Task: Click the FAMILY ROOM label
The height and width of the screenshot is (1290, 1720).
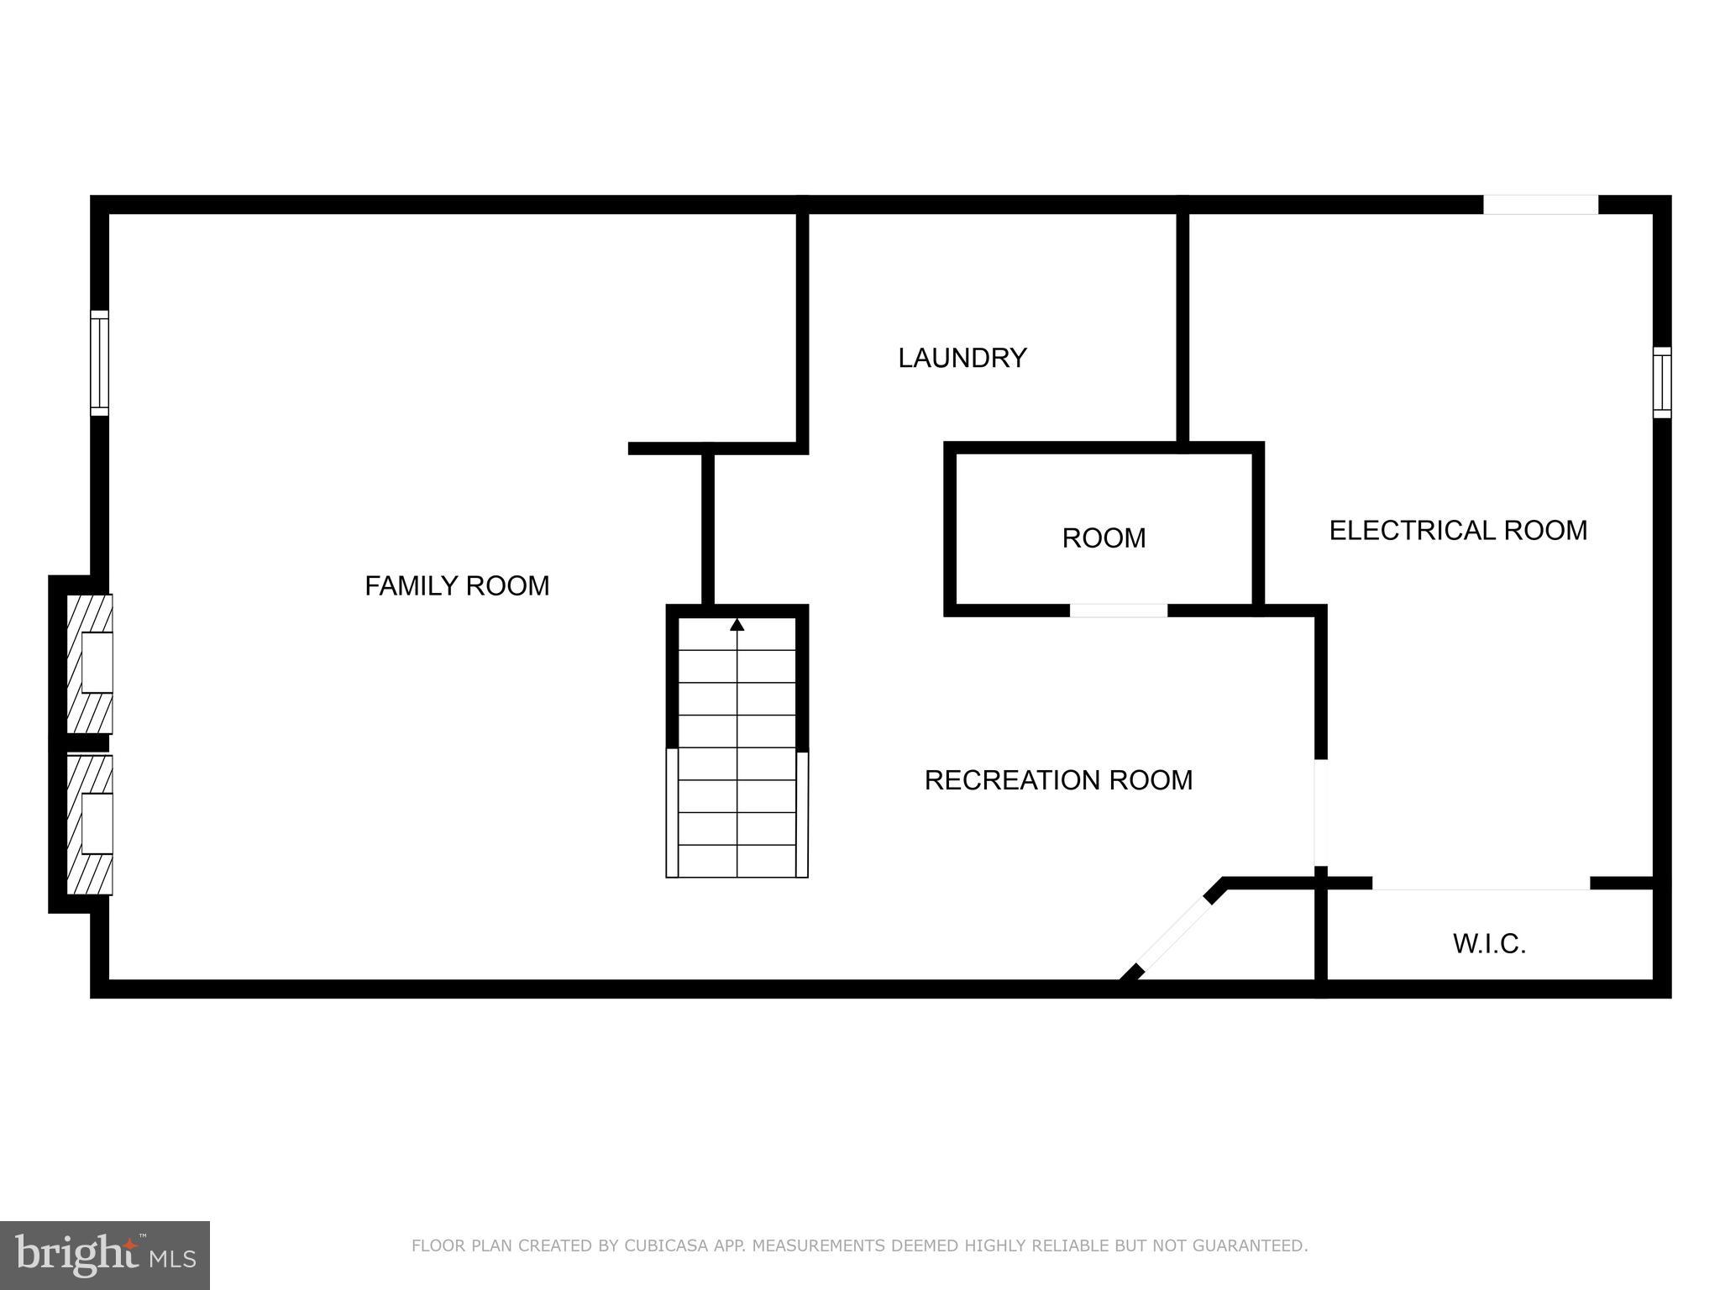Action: click(457, 585)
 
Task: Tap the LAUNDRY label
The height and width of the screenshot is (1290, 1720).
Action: click(962, 358)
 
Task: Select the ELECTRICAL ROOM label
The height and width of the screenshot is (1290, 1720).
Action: click(1458, 530)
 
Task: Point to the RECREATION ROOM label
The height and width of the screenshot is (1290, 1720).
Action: click(1058, 780)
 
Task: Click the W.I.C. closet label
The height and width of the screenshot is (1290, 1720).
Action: click(1489, 944)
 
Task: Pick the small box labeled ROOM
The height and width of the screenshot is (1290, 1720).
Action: click(1104, 537)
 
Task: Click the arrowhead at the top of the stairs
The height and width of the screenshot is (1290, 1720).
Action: click(737, 624)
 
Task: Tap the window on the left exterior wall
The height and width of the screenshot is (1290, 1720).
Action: click(99, 363)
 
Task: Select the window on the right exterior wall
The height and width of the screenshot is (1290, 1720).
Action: click(1662, 382)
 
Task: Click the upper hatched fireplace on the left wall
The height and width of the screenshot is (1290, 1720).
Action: click(90, 663)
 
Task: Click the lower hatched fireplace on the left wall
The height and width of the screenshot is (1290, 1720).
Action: click(90, 825)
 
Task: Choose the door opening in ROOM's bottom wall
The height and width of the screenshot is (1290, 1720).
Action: click(1118, 611)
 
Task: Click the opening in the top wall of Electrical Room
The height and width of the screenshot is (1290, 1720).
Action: click(1540, 204)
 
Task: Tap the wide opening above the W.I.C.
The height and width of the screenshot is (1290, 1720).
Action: click(1481, 884)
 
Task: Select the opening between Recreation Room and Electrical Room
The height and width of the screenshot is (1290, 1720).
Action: click(1320, 812)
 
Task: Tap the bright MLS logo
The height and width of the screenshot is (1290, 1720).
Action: click(105, 1255)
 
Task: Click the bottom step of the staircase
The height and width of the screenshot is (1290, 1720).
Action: click(737, 862)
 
